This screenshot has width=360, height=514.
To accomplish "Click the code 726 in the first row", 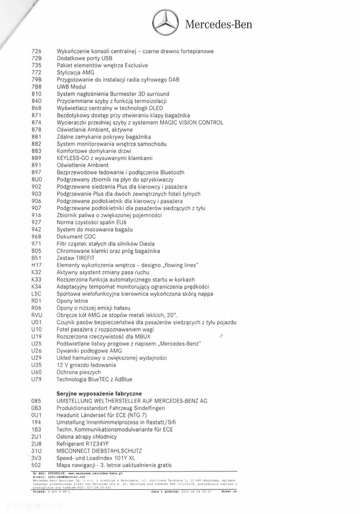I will coord(36,51).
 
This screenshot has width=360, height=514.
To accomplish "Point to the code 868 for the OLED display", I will coord(36,108).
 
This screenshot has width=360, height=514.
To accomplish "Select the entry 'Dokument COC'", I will coord(76,236).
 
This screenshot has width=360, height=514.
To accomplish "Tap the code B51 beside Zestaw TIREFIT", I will coord(36,258).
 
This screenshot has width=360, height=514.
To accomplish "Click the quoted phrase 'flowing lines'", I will coord(180,265).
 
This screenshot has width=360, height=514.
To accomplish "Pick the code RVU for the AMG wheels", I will coord(36,315).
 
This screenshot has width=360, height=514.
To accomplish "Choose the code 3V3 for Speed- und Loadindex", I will coord(36,457).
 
